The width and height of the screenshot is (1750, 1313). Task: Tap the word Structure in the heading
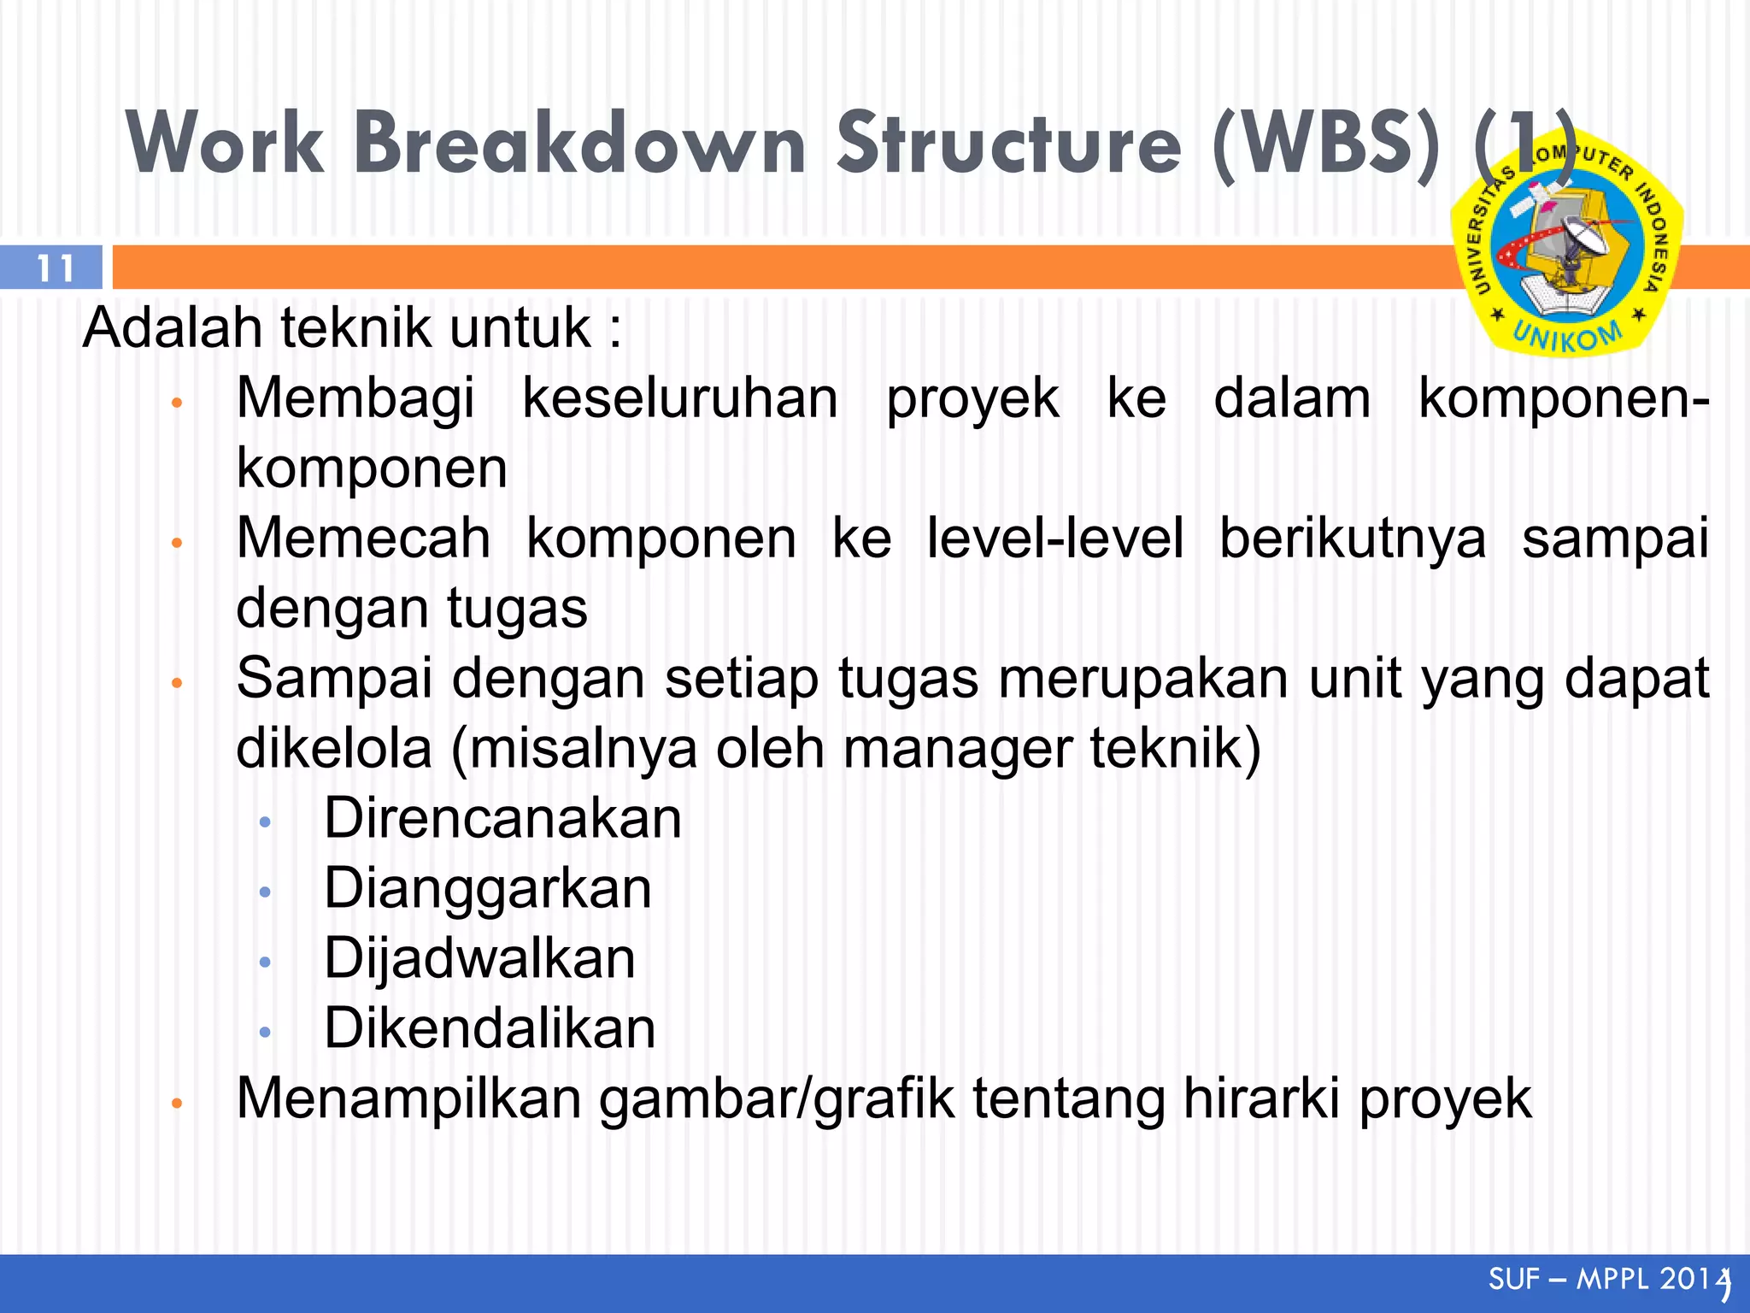(x=1008, y=144)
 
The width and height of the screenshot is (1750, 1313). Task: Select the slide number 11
(x=55, y=268)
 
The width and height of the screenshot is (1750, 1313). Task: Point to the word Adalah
(x=172, y=328)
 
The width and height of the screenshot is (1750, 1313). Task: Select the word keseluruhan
(x=679, y=398)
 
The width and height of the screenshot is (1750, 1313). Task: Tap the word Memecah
(x=363, y=539)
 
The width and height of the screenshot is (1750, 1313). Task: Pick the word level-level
(x=1054, y=539)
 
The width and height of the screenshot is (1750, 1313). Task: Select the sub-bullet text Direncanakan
(x=502, y=819)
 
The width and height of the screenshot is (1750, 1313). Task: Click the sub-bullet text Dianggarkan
(x=487, y=889)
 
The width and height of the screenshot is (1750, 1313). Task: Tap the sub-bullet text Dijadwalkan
(x=479, y=959)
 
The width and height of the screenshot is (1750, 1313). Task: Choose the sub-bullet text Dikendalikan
(x=490, y=1028)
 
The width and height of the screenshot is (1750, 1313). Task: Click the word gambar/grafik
(x=776, y=1100)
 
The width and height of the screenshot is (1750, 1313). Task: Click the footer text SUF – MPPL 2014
(x=1606, y=1280)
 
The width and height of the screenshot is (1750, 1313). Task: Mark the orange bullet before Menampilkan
(x=177, y=1103)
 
